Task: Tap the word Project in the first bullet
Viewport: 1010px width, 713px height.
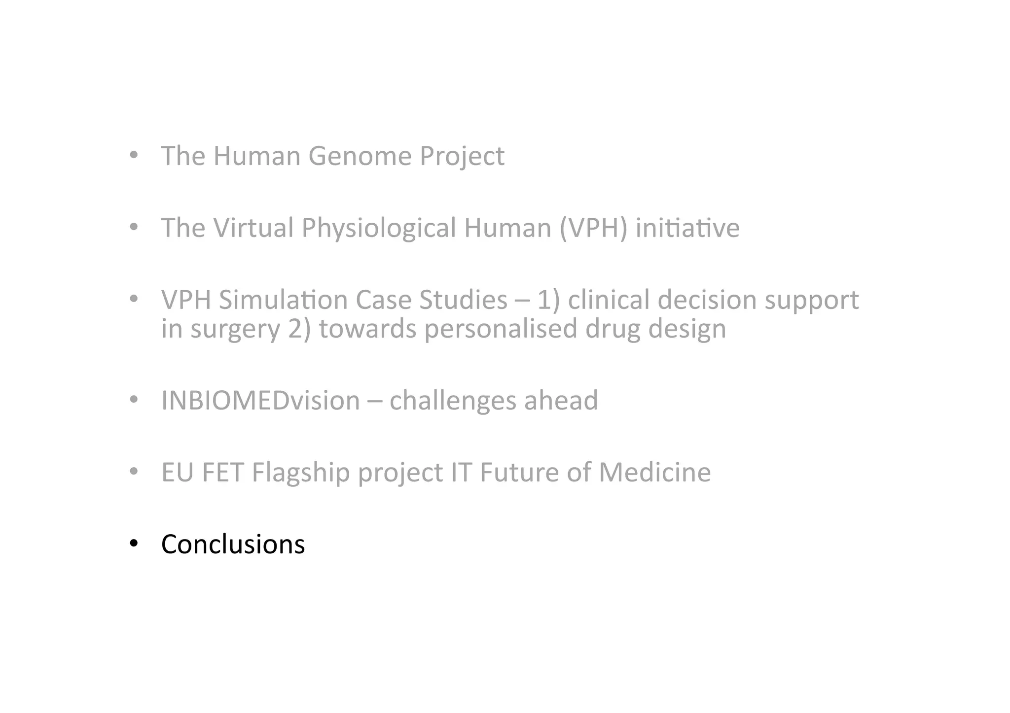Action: pyautogui.click(x=462, y=156)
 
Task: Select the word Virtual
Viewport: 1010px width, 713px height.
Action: pyautogui.click(x=253, y=228)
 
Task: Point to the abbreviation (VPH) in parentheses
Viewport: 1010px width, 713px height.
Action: pyautogui.click(x=593, y=228)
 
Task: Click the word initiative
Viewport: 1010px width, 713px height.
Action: pyautogui.click(x=687, y=228)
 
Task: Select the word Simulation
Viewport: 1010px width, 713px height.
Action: pyautogui.click(x=283, y=300)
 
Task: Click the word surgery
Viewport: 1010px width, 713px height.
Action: pyautogui.click(x=235, y=329)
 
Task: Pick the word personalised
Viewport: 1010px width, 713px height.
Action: pyautogui.click(x=501, y=329)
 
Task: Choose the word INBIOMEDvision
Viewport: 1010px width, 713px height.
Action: pyautogui.click(x=260, y=400)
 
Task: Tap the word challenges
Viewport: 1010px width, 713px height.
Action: pyautogui.click(x=453, y=400)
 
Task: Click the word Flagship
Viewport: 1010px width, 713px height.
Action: pyautogui.click(x=301, y=473)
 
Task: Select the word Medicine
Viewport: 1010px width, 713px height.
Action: pyautogui.click(x=654, y=472)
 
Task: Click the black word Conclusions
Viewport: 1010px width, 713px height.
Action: pyautogui.click(x=233, y=544)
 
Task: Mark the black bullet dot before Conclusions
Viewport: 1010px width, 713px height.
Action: pyautogui.click(x=134, y=544)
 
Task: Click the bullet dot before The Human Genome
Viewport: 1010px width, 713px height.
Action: pyautogui.click(x=134, y=156)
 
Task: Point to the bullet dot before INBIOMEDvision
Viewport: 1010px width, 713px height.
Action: pyautogui.click(x=134, y=400)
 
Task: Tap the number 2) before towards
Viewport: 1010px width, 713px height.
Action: pyautogui.click(x=299, y=329)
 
